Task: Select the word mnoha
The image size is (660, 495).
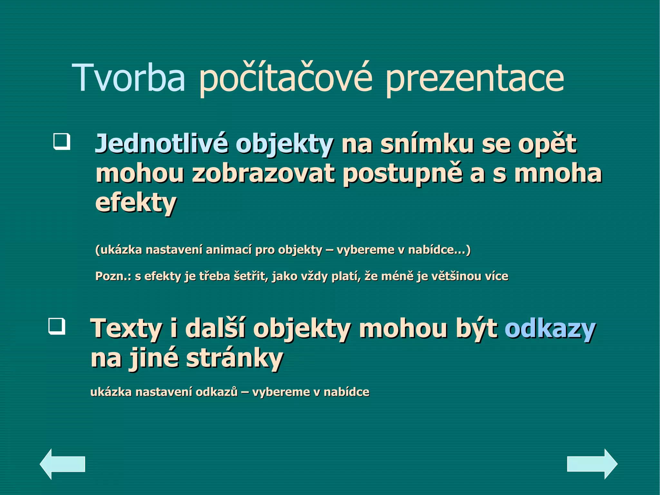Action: click(558, 173)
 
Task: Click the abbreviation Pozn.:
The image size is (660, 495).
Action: click(113, 276)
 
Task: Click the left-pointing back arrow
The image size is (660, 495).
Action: click(62, 464)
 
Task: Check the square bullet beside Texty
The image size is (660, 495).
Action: click(57, 326)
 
